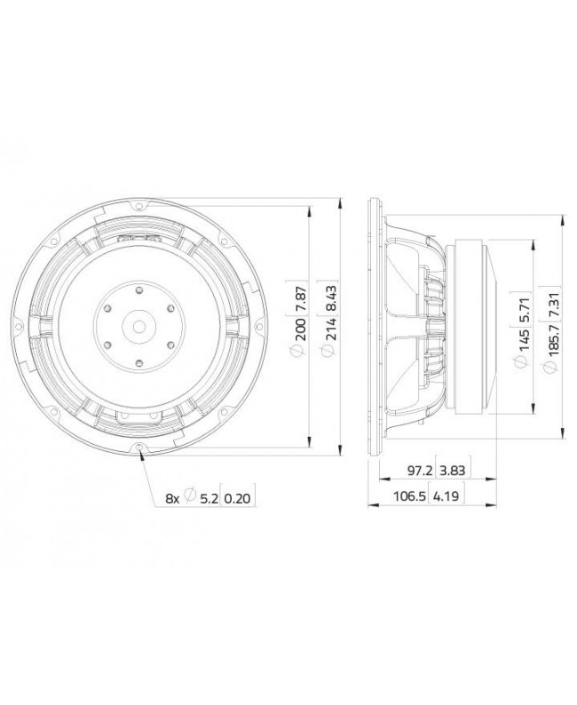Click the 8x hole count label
pyautogui.click(x=172, y=499)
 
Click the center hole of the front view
pyautogui.click(x=140, y=325)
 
